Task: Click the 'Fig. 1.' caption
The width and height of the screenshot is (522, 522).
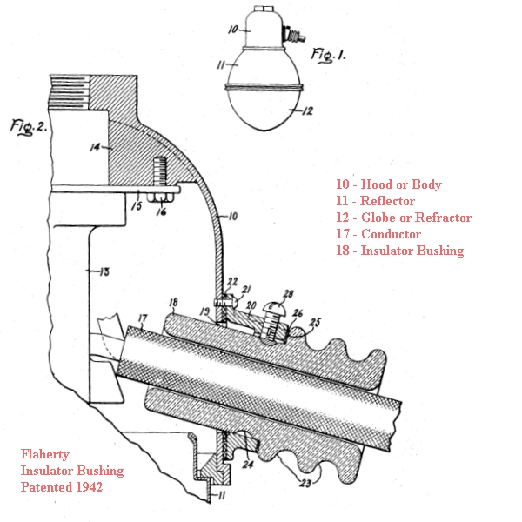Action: coord(328,56)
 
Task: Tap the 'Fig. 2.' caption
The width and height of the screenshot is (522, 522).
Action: coord(29,127)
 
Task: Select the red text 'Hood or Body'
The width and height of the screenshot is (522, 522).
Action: coord(401,184)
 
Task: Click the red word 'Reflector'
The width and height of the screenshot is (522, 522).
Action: coord(387,201)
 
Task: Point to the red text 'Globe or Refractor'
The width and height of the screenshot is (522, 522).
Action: coord(416,217)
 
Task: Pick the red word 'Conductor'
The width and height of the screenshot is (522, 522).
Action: coord(391,234)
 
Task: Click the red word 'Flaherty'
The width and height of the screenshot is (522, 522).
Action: coord(45,455)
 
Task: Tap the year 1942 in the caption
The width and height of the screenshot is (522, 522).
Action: coord(89,487)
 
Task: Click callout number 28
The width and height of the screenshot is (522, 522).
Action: coord(288,294)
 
